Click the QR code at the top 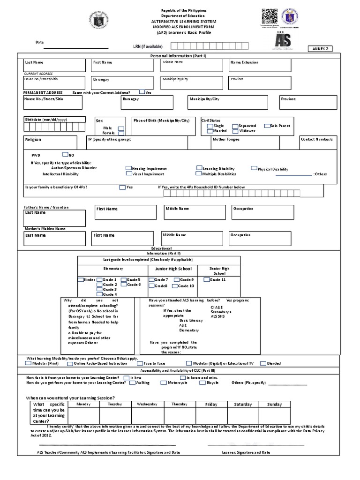tap(267, 16)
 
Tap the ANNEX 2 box tap(321, 49)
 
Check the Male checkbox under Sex tap(121, 128)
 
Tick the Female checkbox tap(121, 133)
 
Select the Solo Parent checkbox tap(267, 126)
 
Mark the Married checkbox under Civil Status tap(210, 131)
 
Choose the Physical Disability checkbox tap(254, 168)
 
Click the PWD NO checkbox tap(65, 154)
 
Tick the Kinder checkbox tap(81, 279)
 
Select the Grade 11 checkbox tap(206, 279)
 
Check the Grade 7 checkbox tap(151, 279)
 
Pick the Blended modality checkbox tap(263, 363)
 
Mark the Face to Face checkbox tap(140, 363)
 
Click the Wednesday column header tap(147, 404)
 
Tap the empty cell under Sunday tap(275, 416)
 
